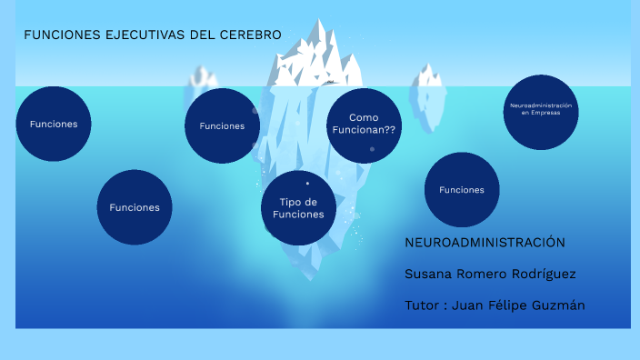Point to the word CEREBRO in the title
pos(250,35)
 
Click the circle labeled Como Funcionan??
pos(364,125)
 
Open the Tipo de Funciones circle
pos(298,207)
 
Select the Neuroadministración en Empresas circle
pos(542,111)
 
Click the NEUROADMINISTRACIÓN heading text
pos(485,243)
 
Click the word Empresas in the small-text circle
pos(542,113)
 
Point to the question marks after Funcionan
pos(389,130)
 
